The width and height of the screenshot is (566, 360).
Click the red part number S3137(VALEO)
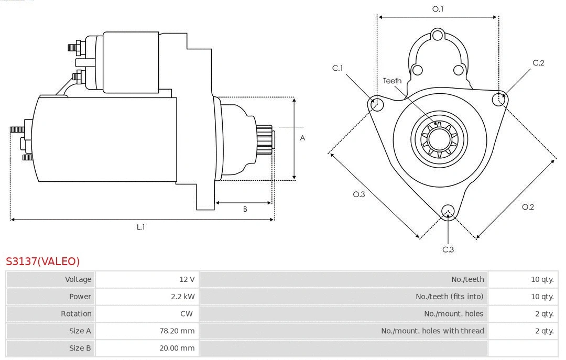(x=42, y=261)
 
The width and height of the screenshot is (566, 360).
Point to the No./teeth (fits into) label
(x=449, y=297)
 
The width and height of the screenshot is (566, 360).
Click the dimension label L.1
(x=140, y=227)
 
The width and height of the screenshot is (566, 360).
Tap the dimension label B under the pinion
(x=245, y=210)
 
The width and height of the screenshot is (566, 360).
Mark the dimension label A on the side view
(x=302, y=138)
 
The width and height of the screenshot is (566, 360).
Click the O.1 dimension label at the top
(x=438, y=9)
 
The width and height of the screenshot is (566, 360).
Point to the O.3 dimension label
(x=358, y=194)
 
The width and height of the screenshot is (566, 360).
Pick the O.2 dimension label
(x=528, y=207)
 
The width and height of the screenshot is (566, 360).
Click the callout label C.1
(x=338, y=68)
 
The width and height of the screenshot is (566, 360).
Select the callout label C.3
(x=448, y=249)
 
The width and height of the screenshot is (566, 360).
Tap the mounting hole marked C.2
(x=498, y=99)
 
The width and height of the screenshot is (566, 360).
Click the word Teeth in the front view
(x=392, y=81)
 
